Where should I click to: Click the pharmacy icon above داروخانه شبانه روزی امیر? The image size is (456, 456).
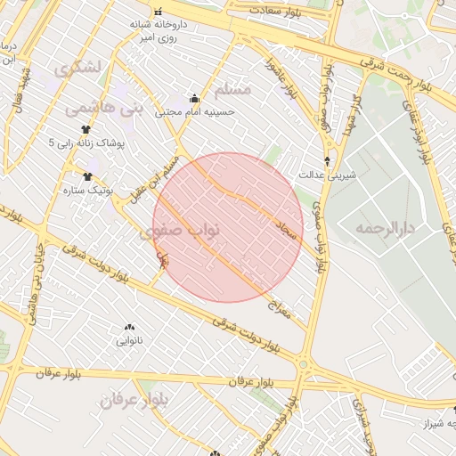point(159,12)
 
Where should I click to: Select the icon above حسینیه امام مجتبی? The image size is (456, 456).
point(194,98)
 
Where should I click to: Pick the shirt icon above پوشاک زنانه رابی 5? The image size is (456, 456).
point(85,129)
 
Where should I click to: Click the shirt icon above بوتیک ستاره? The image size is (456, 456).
point(87,176)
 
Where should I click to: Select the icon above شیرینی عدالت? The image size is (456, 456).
point(329,160)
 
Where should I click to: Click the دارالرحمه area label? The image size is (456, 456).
point(386,229)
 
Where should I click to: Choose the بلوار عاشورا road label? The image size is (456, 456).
point(281,77)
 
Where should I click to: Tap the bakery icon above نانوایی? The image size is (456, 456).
point(130,327)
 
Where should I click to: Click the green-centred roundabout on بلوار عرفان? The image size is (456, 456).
point(303,364)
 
